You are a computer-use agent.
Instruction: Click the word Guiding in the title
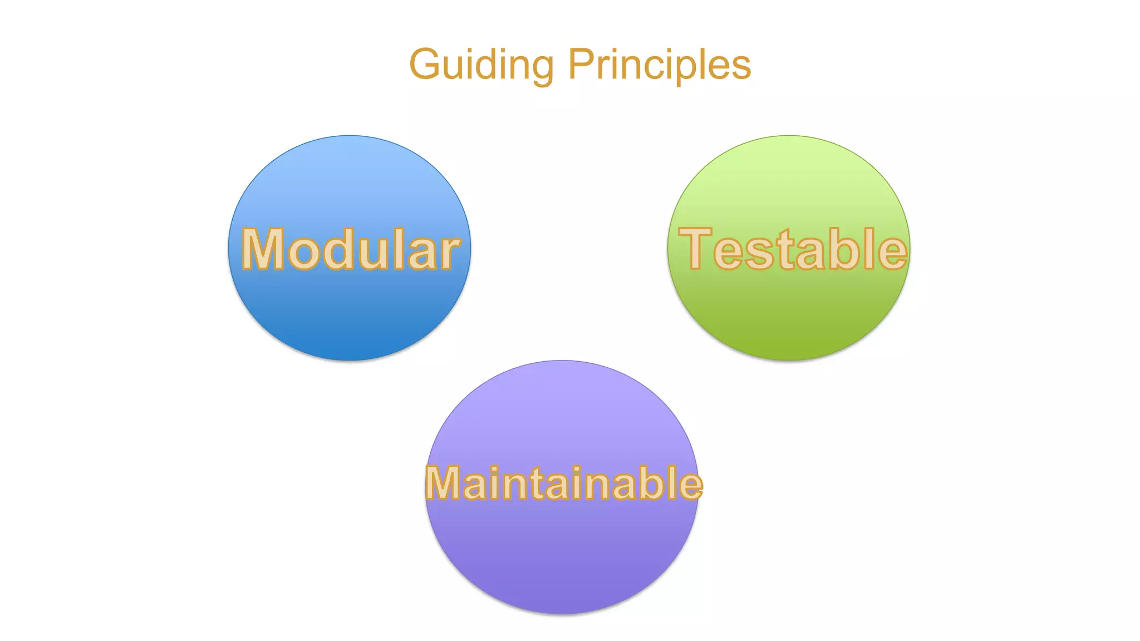(x=481, y=65)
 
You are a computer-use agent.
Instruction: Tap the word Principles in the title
(x=660, y=65)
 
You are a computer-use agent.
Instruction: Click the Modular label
(x=350, y=249)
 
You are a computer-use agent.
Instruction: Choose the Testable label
(x=793, y=249)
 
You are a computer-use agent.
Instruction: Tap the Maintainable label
(x=564, y=483)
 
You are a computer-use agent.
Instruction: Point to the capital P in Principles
(x=580, y=64)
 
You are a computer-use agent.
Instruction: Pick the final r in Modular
(x=448, y=253)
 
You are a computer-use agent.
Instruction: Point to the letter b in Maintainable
(x=653, y=483)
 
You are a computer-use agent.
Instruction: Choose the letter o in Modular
(x=304, y=253)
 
